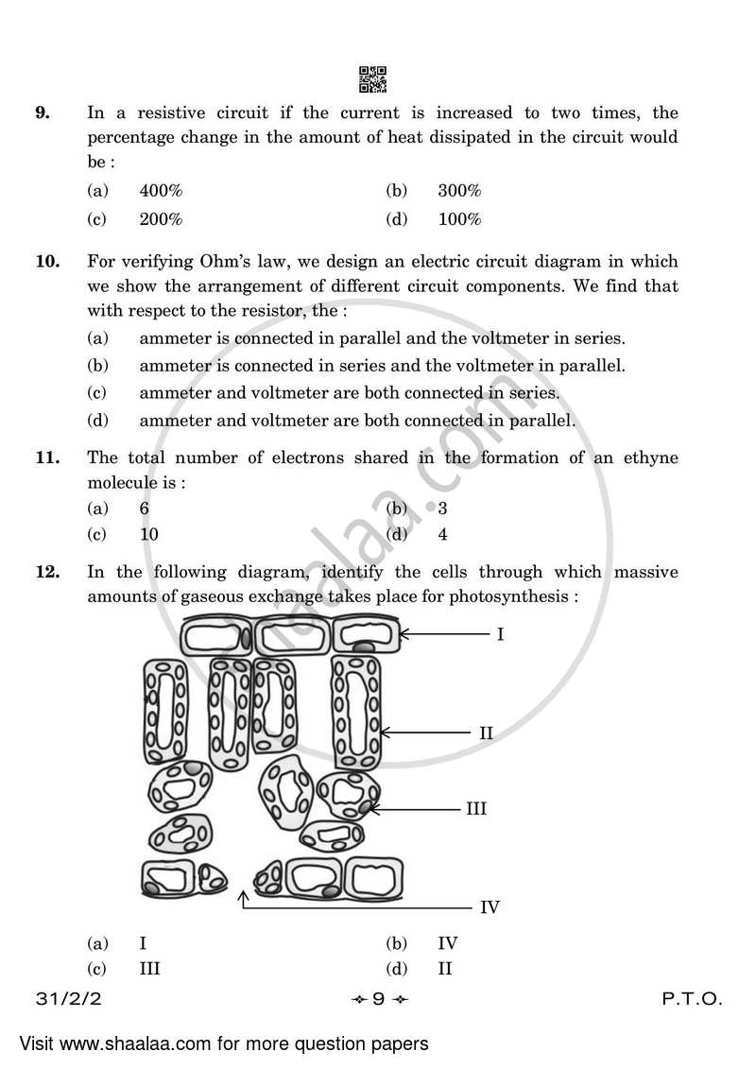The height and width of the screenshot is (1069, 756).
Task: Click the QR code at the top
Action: point(372,80)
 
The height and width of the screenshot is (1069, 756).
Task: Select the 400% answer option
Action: point(161,191)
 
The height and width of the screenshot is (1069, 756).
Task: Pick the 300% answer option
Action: point(459,191)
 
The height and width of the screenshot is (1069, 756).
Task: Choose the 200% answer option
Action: point(161,219)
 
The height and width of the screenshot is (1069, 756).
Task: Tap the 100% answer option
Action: point(459,219)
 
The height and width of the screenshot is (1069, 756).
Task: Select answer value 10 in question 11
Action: point(148,534)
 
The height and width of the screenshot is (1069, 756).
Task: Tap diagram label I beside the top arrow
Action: point(500,634)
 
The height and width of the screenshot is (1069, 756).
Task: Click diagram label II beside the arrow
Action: point(486,732)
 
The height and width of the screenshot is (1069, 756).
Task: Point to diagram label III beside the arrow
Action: point(475,808)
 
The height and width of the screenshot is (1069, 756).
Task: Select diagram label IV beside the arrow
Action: point(489,907)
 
